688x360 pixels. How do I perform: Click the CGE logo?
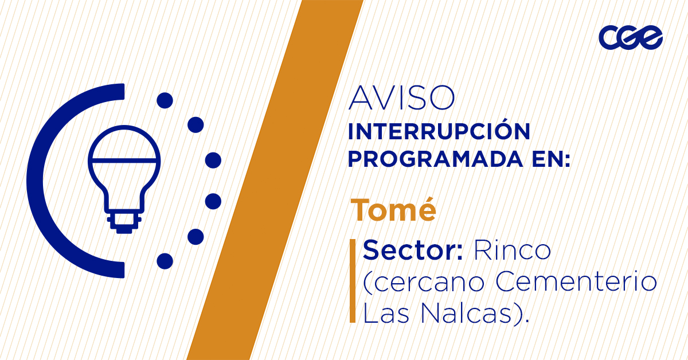tap(631, 37)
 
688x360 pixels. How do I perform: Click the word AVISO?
tap(401, 98)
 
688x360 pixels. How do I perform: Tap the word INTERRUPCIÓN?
tap(439, 131)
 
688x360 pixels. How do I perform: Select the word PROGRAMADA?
tap(435, 159)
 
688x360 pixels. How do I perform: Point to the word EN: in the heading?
tap(552, 159)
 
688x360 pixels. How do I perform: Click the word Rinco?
tap(513, 250)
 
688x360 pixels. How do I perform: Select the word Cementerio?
tap(576, 281)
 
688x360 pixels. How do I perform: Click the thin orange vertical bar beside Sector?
tap(353, 281)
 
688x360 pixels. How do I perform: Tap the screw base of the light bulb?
tap(124, 222)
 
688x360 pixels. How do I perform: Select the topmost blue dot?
tap(165, 100)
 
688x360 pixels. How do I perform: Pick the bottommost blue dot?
tap(165, 261)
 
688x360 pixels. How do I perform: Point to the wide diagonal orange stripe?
tap(275, 180)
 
